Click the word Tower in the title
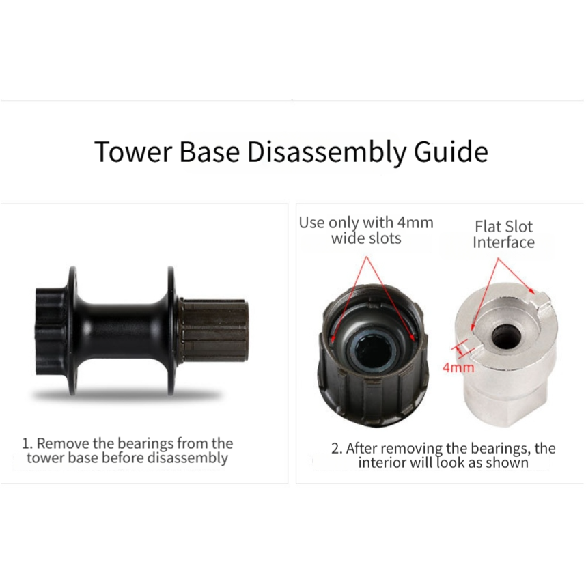(x=133, y=152)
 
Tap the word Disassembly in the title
(x=326, y=152)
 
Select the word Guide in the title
(x=451, y=152)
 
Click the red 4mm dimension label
(x=458, y=367)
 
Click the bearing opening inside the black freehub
(x=373, y=350)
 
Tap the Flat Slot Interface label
(x=503, y=234)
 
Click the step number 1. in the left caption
(x=27, y=444)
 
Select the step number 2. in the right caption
(x=337, y=449)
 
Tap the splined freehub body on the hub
(x=213, y=330)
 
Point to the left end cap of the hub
(x=51, y=331)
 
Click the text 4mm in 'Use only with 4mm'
(x=415, y=223)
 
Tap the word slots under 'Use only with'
(x=383, y=238)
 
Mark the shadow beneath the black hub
(x=127, y=395)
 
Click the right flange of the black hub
(x=171, y=331)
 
